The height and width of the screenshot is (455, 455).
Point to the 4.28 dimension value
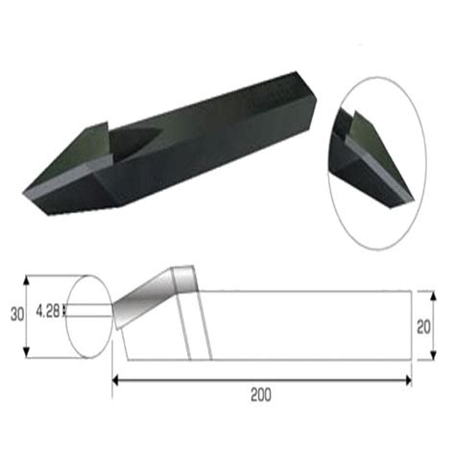pyautogui.click(x=47, y=310)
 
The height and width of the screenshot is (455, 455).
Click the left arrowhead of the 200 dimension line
pyautogui.click(x=117, y=381)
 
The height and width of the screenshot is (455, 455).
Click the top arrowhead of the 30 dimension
pyautogui.click(x=26, y=279)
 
